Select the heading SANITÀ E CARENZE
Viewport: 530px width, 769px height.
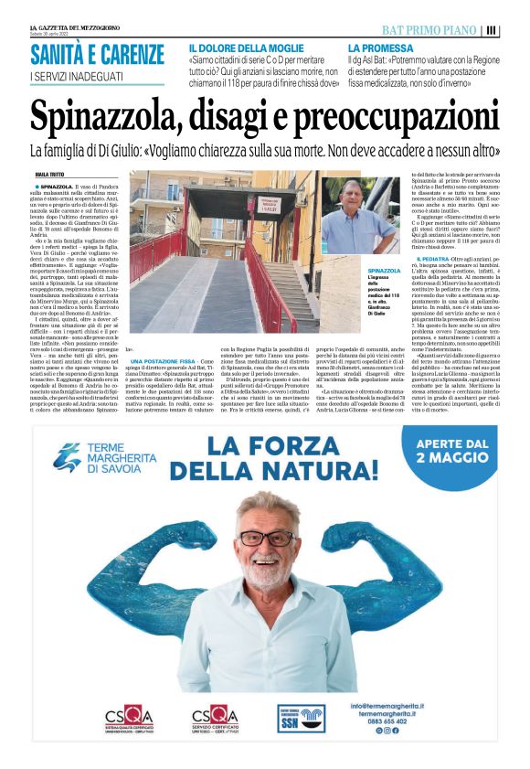tap(96, 54)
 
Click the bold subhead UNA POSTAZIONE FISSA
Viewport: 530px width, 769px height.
tap(170, 362)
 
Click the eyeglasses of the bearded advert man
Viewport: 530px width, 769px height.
tap(267, 537)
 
